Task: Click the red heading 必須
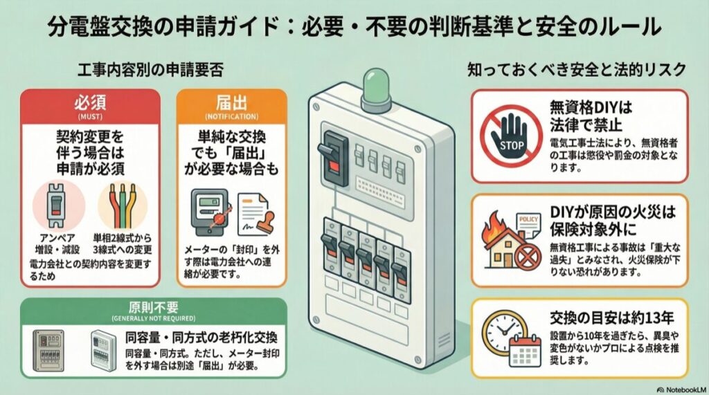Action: [89, 103]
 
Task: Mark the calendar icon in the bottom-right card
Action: [523, 349]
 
